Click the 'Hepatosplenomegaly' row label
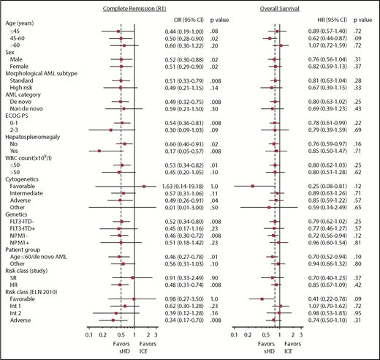point(36,136)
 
